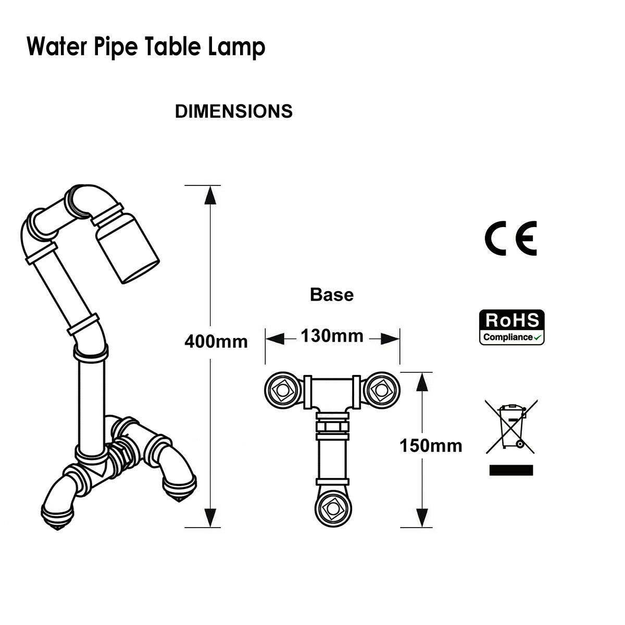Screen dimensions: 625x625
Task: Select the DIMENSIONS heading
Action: pos(233,111)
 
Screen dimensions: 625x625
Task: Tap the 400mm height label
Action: pos(216,342)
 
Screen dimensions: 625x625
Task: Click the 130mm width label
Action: pos(332,336)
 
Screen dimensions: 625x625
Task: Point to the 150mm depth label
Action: pos(431,446)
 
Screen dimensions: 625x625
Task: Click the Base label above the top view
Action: pos(331,295)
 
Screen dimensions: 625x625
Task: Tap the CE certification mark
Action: pos(510,238)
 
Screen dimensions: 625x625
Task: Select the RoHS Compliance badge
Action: pos(511,327)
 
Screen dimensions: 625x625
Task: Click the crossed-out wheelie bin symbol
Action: pos(511,426)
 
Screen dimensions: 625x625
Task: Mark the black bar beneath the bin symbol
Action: pos(511,470)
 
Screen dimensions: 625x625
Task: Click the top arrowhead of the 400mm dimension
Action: pos(210,195)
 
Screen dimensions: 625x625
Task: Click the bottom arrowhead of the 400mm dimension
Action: pos(210,517)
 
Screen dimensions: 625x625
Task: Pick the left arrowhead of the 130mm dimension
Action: pos(274,339)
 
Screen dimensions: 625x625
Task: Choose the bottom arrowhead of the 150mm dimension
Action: pos(422,518)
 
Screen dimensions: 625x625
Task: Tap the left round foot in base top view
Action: pos(281,389)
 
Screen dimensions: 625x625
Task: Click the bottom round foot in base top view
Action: pos(332,508)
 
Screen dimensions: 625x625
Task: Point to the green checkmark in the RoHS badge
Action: pos(538,337)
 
